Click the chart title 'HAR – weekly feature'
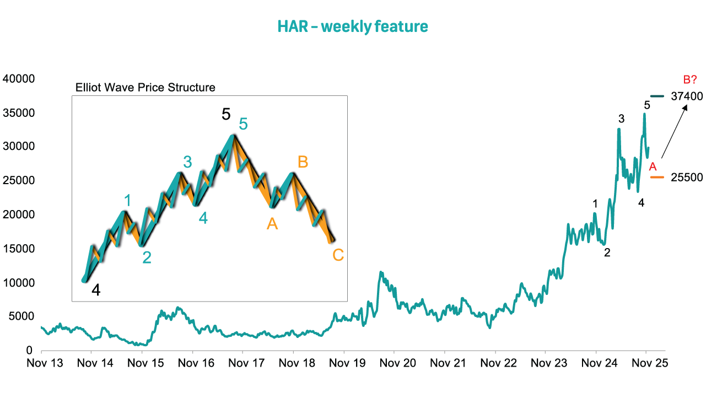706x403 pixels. click(353, 26)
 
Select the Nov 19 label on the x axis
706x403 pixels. click(344, 363)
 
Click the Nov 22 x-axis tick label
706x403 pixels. click(495, 363)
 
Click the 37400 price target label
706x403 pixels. click(687, 96)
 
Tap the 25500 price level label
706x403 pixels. click(687, 178)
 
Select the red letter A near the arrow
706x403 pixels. click(653, 166)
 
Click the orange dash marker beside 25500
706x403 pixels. click(658, 177)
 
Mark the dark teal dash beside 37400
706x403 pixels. click(658, 96)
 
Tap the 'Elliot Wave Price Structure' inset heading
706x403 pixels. click(145, 88)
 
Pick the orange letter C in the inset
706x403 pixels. click(338, 255)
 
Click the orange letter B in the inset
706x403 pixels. click(303, 162)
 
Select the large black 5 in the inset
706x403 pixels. click(226, 115)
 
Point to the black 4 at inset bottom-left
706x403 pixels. click(95, 290)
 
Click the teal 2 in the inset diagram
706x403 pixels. click(147, 257)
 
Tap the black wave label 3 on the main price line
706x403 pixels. click(621, 119)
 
